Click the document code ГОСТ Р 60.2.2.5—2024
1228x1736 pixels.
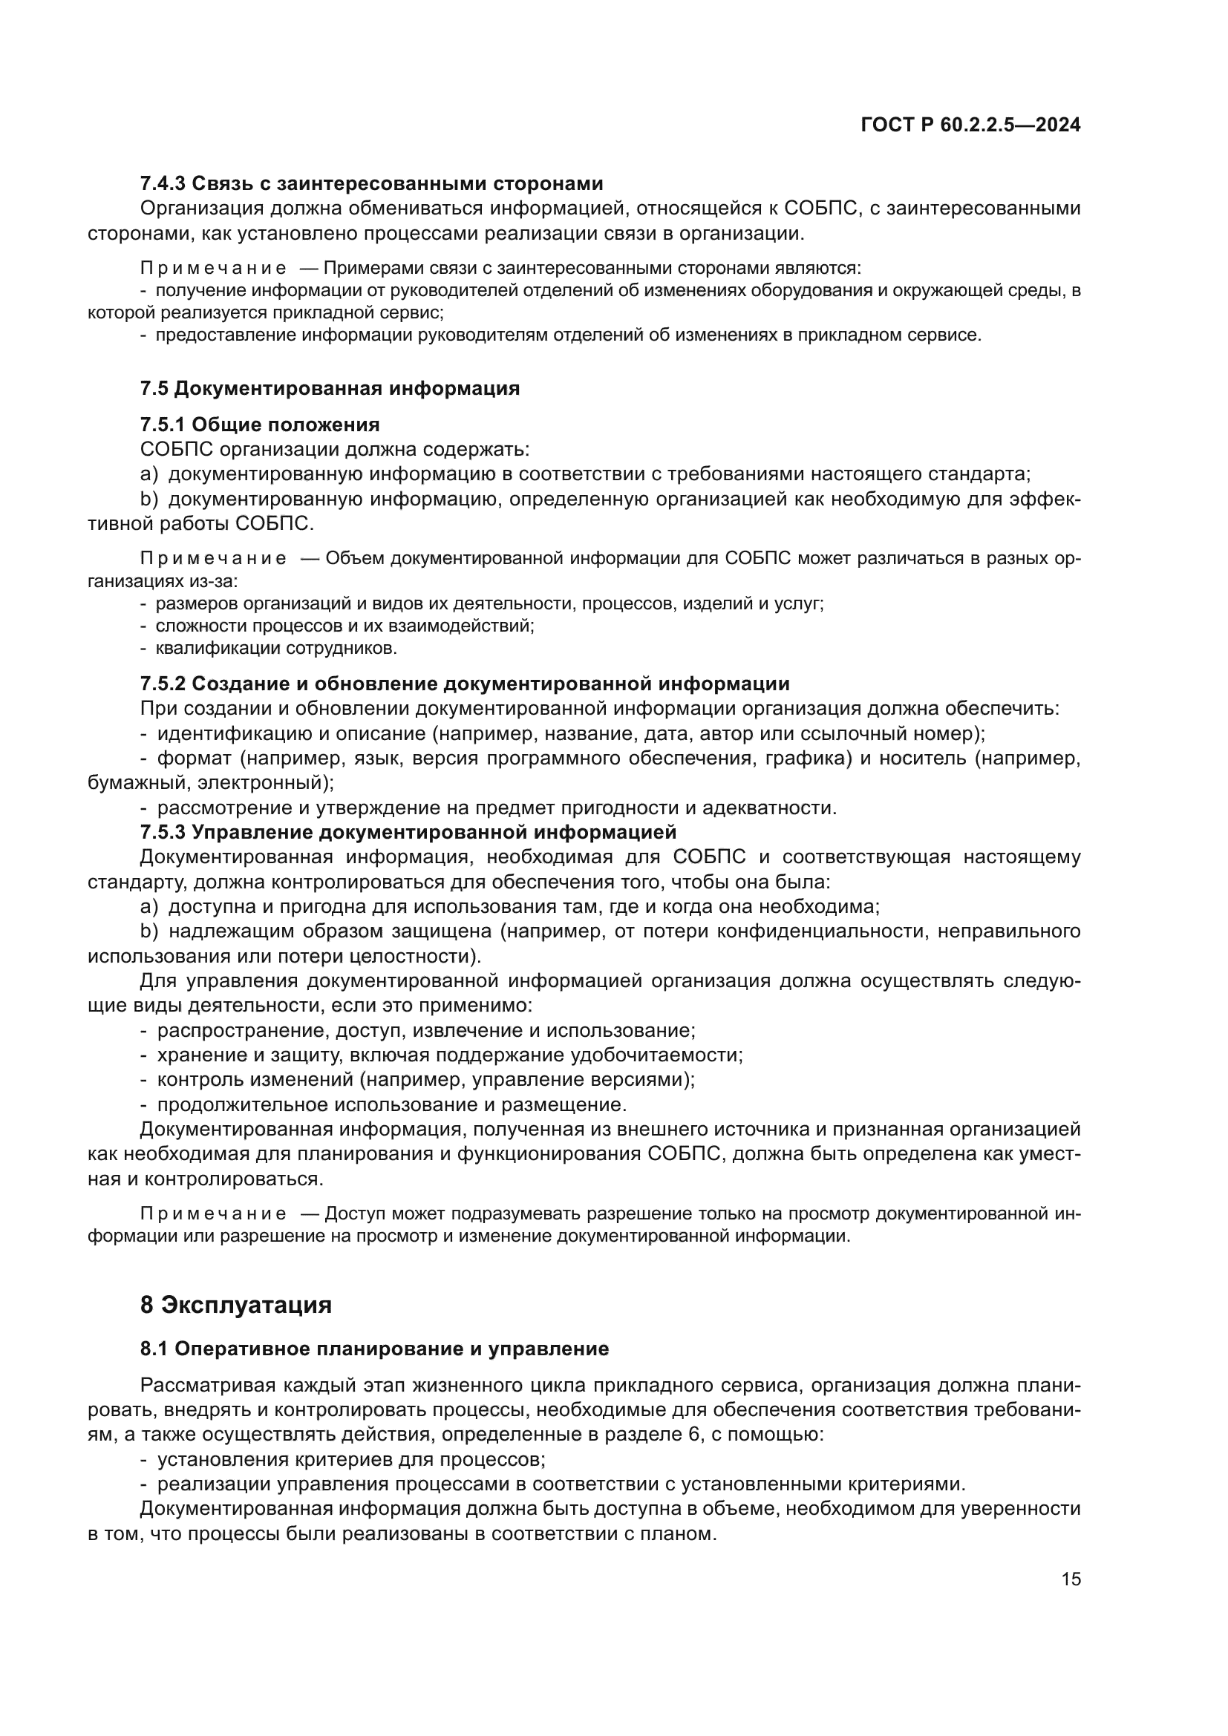click(x=970, y=125)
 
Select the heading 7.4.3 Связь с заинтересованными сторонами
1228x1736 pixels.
click(x=371, y=183)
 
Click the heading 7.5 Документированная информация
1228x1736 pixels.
click(x=330, y=389)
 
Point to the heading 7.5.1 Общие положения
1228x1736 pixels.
click(x=259, y=425)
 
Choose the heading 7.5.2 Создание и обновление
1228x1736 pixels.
click(x=464, y=684)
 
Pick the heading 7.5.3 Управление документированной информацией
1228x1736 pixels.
click(x=408, y=832)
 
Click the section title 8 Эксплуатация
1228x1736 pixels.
click(x=236, y=1306)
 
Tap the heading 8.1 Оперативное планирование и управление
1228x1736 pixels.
click(x=374, y=1349)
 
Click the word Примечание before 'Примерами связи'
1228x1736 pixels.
click(x=213, y=269)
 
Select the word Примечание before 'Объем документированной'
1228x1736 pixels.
click(x=213, y=559)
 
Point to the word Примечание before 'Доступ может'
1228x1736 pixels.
click(x=213, y=1214)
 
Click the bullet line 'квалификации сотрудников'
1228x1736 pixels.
click(x=276, y=648)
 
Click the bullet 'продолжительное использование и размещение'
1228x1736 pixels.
click(x=392, y=1104)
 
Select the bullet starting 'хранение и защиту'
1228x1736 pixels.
click(x=450, y=1055)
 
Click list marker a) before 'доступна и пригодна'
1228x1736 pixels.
click(x=149, y=906)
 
